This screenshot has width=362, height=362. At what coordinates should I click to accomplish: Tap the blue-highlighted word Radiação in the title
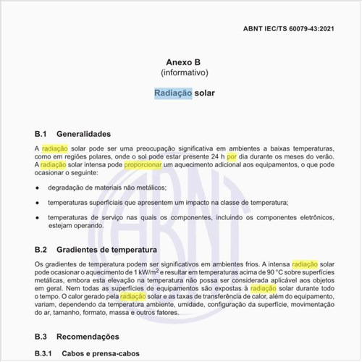(x=173, y=93)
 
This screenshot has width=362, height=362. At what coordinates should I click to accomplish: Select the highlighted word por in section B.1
(x=232, y=156)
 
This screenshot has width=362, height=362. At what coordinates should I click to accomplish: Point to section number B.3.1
(x=46, y=353)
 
